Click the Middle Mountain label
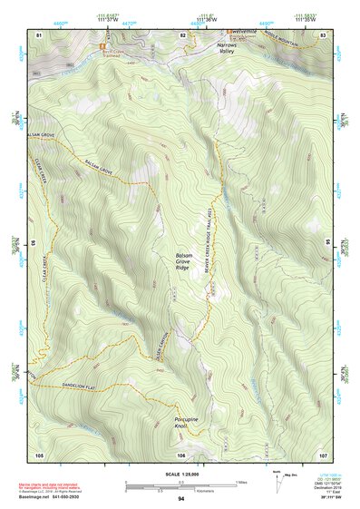(303, 42)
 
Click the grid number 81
(38, 34)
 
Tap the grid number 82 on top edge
(182, 34)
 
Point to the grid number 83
(323, 34)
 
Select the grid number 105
(39, 454)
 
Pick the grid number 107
(323, 454)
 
